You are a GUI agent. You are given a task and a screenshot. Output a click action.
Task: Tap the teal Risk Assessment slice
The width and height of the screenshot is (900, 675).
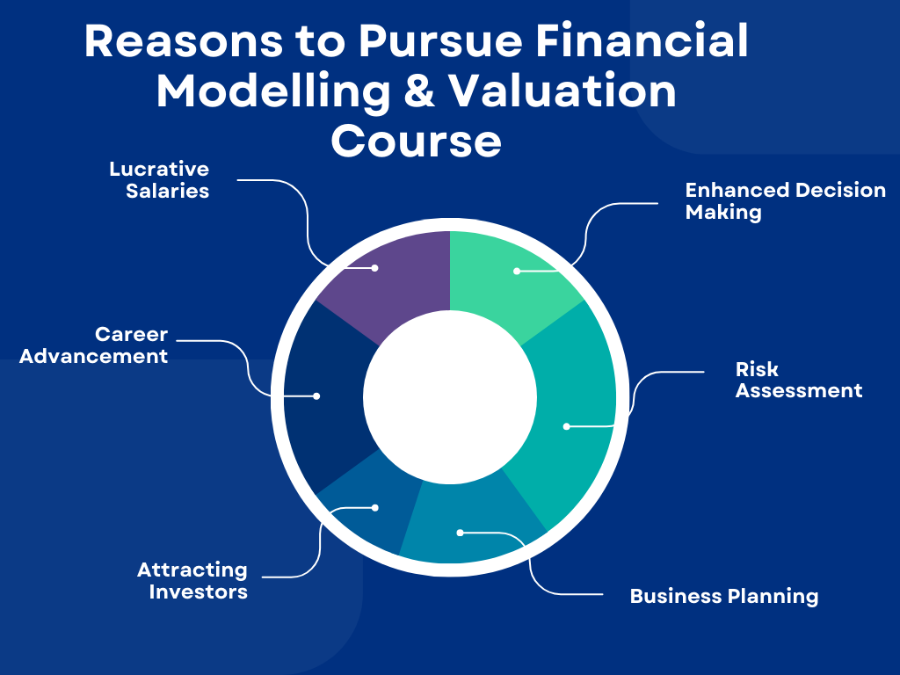coord(571,404)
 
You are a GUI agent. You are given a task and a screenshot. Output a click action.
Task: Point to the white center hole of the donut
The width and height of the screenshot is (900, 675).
coord(450,396)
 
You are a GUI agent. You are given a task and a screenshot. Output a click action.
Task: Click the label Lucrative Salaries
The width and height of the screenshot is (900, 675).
coord(160,179)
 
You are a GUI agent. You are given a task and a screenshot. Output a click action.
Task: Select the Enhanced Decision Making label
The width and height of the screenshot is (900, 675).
coord(785,201)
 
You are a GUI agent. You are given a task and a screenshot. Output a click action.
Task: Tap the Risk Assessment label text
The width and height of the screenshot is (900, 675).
coord(798,380)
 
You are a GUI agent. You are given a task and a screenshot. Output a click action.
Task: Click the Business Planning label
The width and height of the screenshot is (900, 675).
coord(723,596)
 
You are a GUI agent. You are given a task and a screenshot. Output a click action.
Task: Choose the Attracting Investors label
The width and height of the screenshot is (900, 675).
coord(192,581)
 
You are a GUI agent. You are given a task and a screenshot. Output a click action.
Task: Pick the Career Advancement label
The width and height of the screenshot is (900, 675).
coord(94,345)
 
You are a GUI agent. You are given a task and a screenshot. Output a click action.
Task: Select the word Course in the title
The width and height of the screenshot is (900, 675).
coord(416,142)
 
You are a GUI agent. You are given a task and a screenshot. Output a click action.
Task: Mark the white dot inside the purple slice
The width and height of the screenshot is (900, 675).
coord(374,267)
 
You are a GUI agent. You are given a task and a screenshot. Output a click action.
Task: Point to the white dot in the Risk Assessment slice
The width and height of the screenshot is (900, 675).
coord(567,426)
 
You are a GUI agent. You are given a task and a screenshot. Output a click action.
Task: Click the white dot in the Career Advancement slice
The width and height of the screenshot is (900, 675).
coord(316,396)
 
